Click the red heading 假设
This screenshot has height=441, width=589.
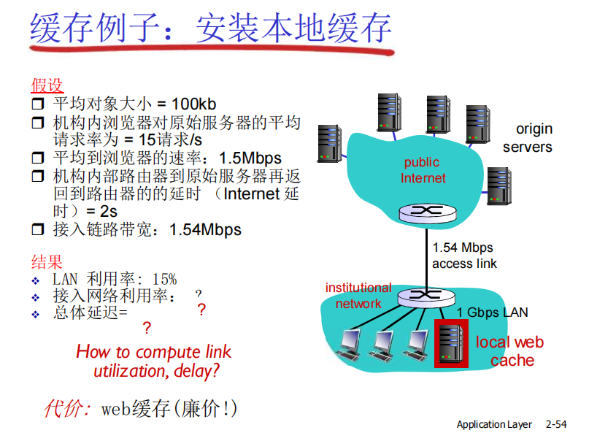[x=47, y=85]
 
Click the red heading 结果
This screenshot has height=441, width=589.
[x=47, y=261]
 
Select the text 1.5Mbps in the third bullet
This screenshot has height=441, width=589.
[x=250, y=158]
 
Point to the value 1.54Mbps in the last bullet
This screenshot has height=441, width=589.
[x=205, y=230]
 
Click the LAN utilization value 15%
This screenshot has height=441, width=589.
[x=163, y=279]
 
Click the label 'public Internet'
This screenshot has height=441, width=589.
[x=423, y=170]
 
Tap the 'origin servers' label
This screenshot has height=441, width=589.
[x=528, y=138]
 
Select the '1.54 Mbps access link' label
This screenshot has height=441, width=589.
[x=463, y=256]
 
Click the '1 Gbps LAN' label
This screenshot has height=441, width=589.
[x=493, y=312]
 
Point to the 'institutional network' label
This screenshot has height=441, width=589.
[x=358, y=296]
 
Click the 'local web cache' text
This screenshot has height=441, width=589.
[x=509, y=351]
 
